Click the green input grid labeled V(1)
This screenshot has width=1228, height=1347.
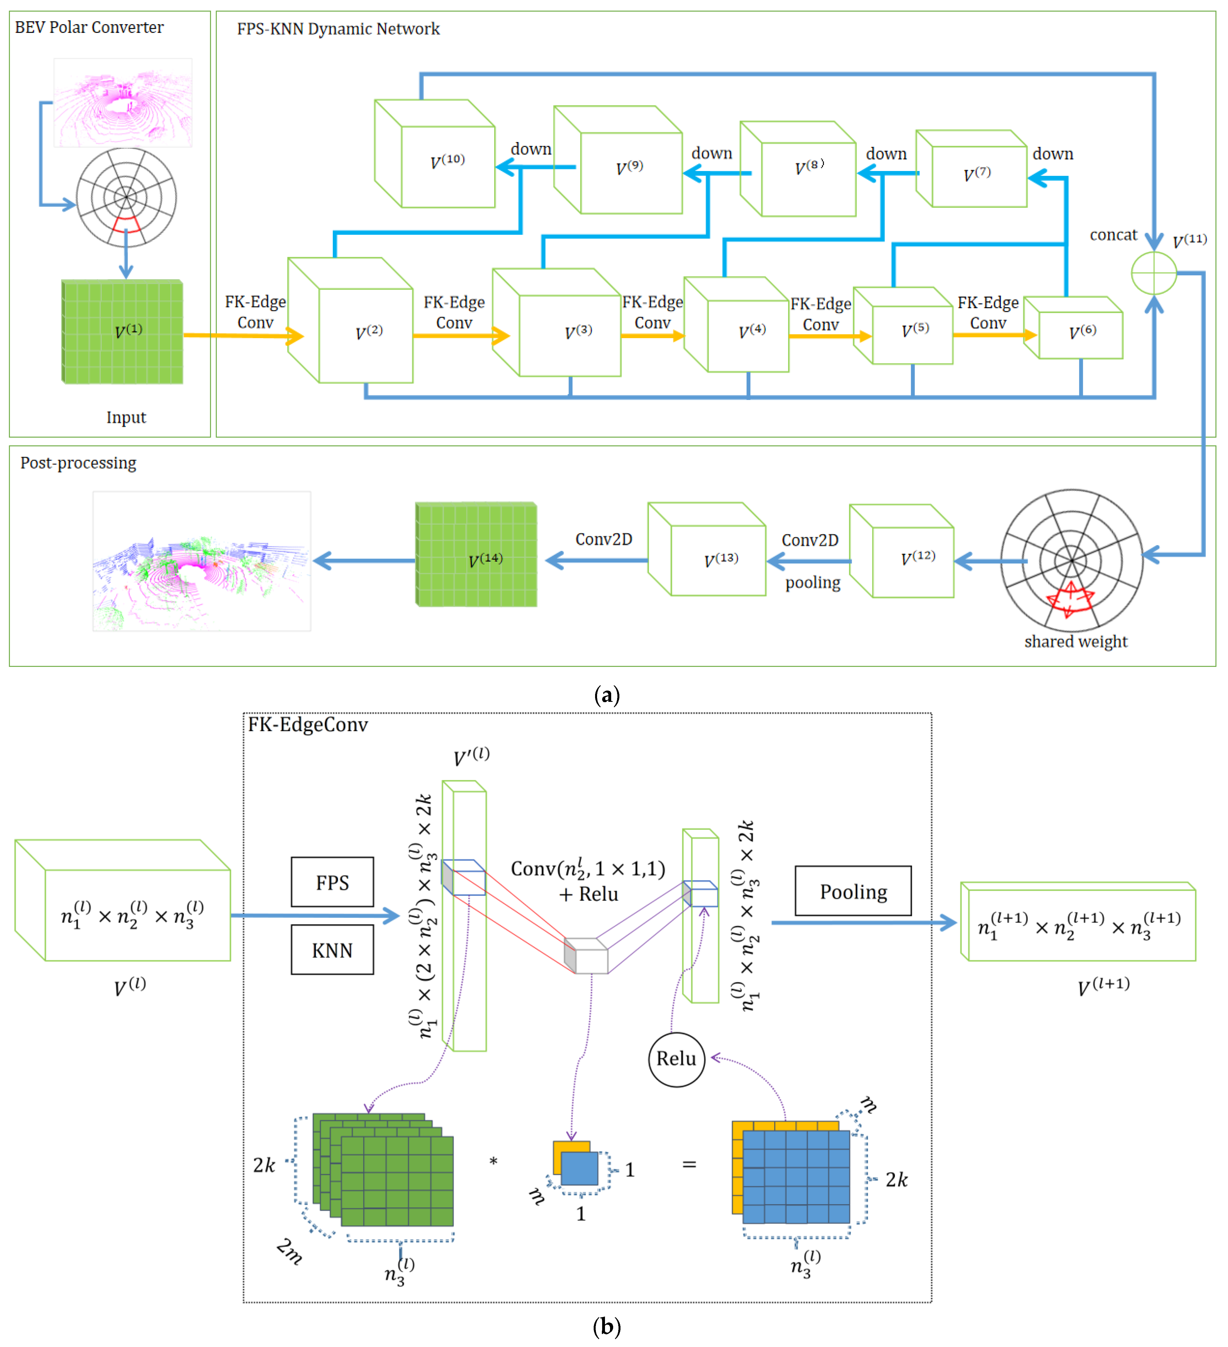122,332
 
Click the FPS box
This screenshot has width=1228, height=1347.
332,882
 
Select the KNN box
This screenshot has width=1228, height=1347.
332,949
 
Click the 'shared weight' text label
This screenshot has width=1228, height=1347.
1076,641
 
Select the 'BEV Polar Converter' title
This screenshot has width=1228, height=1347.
89,27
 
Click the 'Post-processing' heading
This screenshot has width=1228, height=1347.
78,463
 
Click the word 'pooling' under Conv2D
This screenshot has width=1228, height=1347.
812,583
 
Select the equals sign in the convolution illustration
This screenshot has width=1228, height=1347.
689,1165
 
